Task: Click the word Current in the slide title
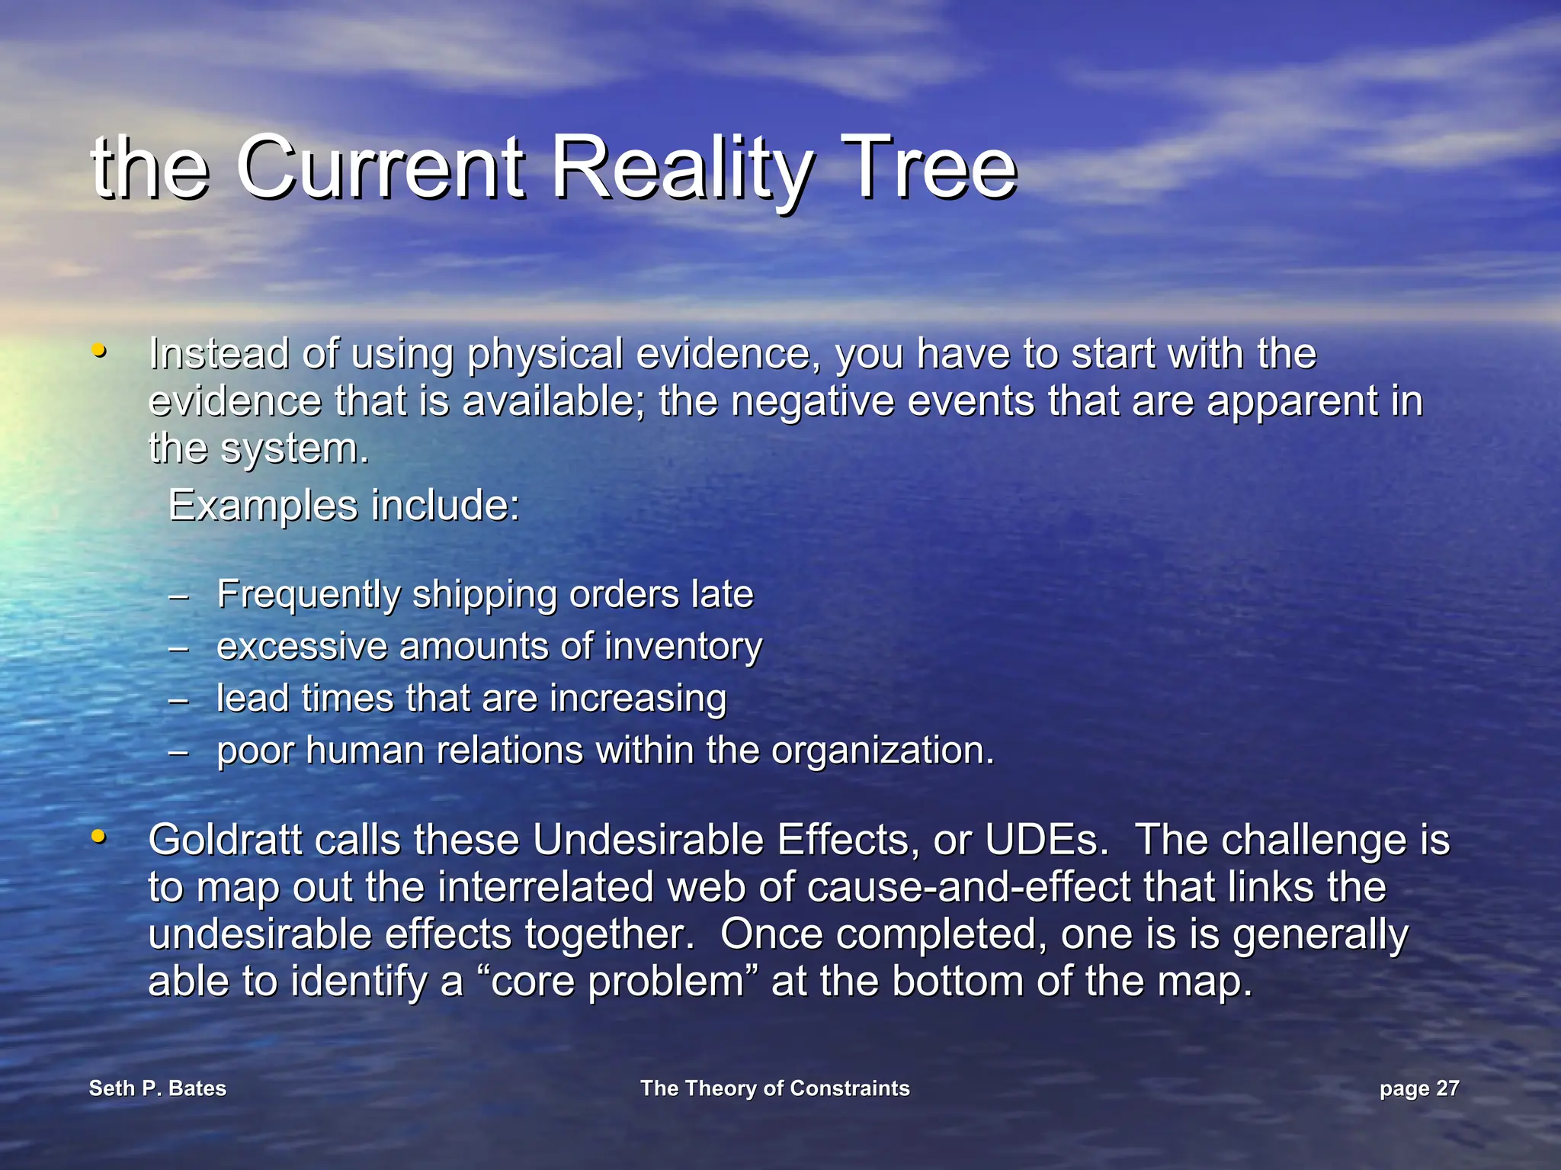pyautogui.click(x=381, y=168)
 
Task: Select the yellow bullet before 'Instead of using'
pyautogui.click(x=98, y=352)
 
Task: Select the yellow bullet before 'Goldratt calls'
pyautogui.click(x=98, y=837)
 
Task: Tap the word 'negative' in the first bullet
pyautogui.click(x=813, y=402)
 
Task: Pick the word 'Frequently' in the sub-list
pyautogui.click(x=308, y=595)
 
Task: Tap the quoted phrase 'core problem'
pyautogui.click(x=617, y=982)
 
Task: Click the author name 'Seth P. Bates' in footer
pyautogui.click(x=158, y=1088)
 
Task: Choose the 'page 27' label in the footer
pyautogui.click(x=1419, y=1088)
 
